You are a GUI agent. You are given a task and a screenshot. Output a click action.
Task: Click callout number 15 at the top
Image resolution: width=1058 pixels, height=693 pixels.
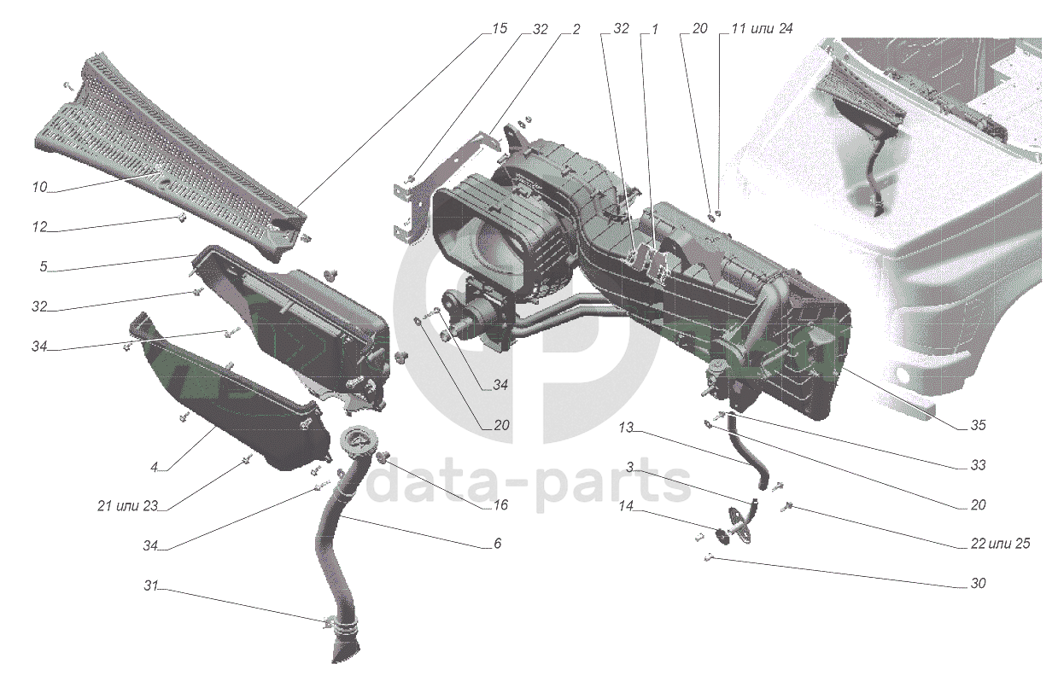(x=500, y=28)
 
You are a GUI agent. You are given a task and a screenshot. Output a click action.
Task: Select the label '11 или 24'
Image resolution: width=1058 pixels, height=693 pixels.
(x=762, y=28)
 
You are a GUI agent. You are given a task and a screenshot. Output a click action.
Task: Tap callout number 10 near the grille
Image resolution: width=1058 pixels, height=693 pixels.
(x=39, y=187)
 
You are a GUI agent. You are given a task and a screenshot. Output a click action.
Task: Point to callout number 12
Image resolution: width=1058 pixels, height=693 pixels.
(x=39, y=227)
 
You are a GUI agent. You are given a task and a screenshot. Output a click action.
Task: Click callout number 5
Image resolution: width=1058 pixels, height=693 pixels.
(x=43, y=266)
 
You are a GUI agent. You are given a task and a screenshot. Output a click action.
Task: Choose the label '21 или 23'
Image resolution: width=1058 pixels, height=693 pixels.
(x=127, y=506)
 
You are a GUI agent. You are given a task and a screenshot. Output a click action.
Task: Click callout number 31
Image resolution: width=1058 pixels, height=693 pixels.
(x=150, y=585)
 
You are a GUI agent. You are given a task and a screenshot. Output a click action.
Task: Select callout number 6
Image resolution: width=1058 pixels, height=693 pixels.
(x=497, y=544)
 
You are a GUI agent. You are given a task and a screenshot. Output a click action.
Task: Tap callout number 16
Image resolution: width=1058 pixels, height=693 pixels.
(x=500, y=504)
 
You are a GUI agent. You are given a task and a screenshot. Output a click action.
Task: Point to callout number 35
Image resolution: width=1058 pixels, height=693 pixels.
(x=979, y=425)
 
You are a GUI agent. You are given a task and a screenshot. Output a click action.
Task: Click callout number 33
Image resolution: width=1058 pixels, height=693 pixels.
(x=979, y=465)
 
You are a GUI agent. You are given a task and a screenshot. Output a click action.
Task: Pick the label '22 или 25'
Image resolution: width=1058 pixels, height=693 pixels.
(x=1001, y=544)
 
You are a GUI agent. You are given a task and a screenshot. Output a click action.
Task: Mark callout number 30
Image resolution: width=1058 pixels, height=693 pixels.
(x=979, y=584)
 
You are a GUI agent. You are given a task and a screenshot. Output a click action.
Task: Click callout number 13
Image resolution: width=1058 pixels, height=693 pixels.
(x=625, y=428)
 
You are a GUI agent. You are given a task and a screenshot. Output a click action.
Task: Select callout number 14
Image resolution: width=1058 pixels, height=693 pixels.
(x=625, y=506)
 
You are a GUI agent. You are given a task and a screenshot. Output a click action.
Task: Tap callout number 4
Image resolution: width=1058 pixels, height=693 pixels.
(x=154, y=467)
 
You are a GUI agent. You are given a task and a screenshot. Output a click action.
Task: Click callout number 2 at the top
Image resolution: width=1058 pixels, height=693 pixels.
(x=576, y=28)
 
